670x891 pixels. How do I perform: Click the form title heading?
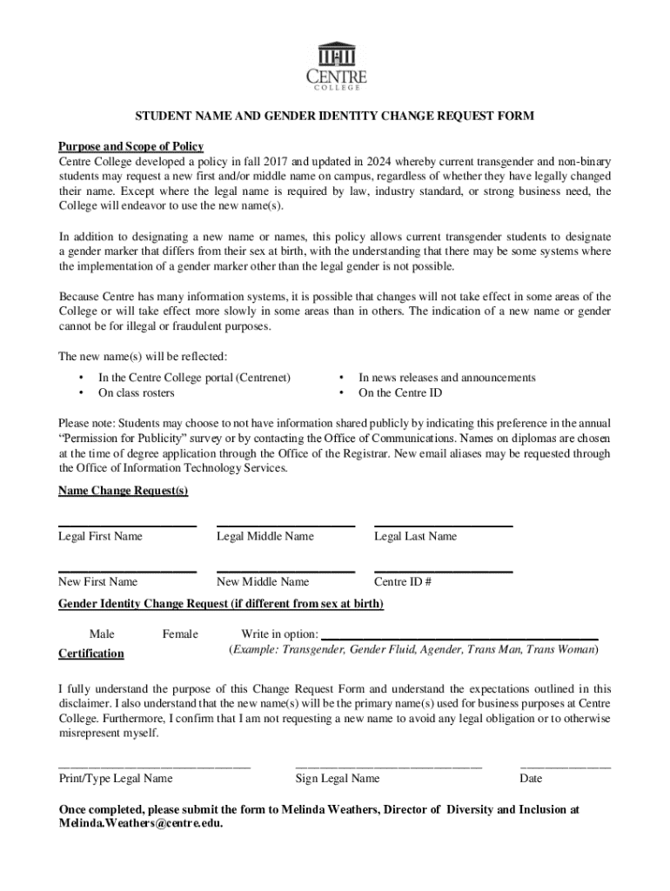click(x=334, y=116)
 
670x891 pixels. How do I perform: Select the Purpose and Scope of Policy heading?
click(x=131, y=146)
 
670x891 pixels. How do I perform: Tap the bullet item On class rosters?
click(x=136, y=392)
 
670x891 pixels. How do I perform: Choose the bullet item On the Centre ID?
click(x=400, y=392)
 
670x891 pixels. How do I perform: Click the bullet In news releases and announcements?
click(x=446, y=377)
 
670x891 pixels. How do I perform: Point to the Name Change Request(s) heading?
click(x=123, y=491)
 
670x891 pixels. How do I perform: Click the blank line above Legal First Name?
click(x=127, y=526)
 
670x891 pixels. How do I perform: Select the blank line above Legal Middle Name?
click(x=285, y=526)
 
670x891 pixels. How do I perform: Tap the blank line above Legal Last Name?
click(x=443, y=526)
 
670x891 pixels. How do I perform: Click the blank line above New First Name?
click(x=127, y=571)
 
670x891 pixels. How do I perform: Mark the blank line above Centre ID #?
click(x=443, y=571)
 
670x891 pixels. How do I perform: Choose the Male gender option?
click(x=102, y=634)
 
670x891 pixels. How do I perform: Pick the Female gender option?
click(x=180, y=634)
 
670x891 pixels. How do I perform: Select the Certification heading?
click(x=90, y=653)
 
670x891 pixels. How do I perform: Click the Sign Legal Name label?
click(x=338, y=778)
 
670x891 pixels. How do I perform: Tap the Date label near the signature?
click(x=531, y=778)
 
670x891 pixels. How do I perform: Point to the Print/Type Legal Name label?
click(x=115, y=778)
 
